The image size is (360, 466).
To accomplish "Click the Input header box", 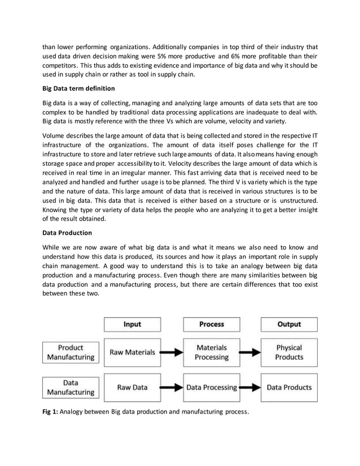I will (x=132, y=324).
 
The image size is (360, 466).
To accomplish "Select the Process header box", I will (x=212, y=324).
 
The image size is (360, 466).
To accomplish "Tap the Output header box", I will (x=289, y=324).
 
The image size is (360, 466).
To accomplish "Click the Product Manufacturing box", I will (x=71, y=353).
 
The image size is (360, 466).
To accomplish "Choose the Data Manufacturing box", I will (x=71, y=388).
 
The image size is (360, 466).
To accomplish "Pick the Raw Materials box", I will (x=132, y=353).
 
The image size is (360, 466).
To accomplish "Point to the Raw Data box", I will (x=132, y=388).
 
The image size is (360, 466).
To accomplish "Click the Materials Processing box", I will (x=212, y=353).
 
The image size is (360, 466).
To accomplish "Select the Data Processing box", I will (x=212, y=388).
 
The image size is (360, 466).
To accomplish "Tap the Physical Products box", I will (x=289, y=353).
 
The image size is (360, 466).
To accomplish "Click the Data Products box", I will (x=289, y=388).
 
